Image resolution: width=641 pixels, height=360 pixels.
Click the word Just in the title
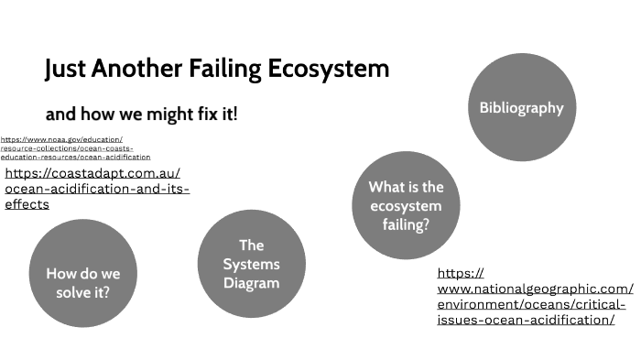(x=65, y=69)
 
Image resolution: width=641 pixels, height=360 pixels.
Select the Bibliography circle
(x=521, y=107)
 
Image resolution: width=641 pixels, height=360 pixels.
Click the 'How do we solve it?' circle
(x=83, y=283)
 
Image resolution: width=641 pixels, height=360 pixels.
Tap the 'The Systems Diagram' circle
(x=251, y=264)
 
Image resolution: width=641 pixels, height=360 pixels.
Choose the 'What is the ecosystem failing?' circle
(x=406, y=205)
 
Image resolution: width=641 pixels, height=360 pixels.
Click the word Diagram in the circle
(x=251, y=283)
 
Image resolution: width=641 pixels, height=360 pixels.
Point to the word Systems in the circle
(x=251, y=264)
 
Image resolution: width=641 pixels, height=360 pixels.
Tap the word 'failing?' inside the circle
(x=406, y=224)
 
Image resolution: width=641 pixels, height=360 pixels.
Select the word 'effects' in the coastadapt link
(x=27, y=205)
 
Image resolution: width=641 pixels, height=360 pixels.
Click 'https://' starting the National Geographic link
(x=461, y=273)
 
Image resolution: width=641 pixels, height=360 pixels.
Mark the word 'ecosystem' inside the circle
(x=406, y=205)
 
